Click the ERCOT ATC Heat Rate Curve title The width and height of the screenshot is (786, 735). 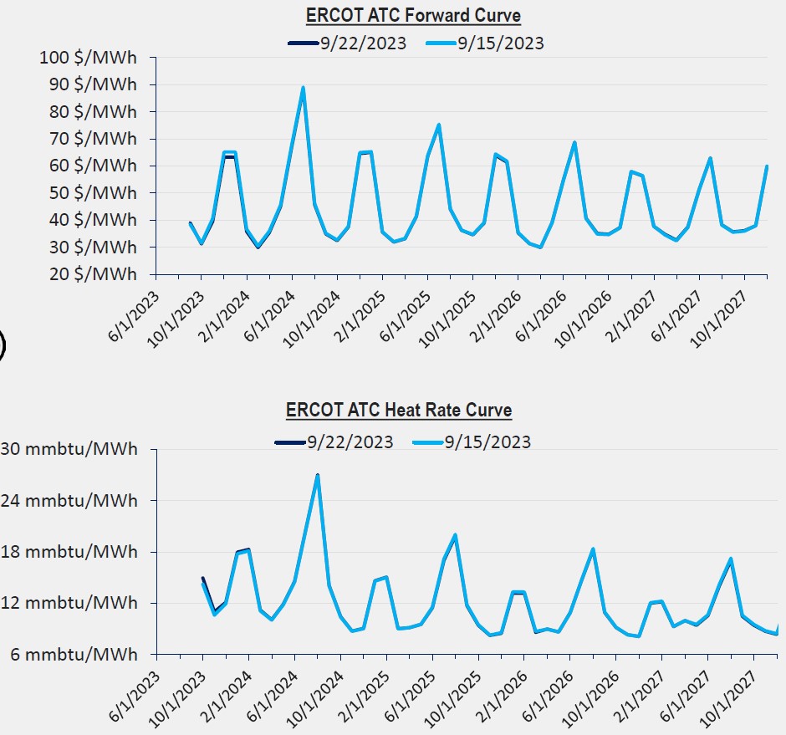coord(399,410)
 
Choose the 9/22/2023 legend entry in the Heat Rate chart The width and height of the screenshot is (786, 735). coord(350,442)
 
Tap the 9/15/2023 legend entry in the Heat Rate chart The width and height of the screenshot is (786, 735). coord(487,442)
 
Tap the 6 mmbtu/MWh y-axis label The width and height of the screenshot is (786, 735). coord(73,654)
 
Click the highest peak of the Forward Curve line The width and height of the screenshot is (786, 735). coord(303,87)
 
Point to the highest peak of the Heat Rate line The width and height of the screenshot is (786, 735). coord(318,476)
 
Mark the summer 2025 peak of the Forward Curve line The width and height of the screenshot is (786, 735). coord(439,125)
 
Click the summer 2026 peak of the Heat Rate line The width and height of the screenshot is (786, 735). coord(593,549)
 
